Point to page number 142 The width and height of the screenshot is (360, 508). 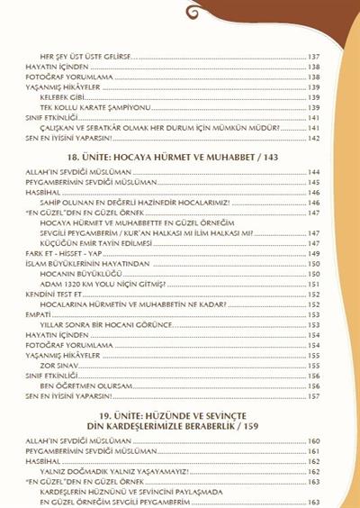[x=314, y=139]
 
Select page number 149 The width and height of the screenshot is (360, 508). [x=314, y=253]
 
